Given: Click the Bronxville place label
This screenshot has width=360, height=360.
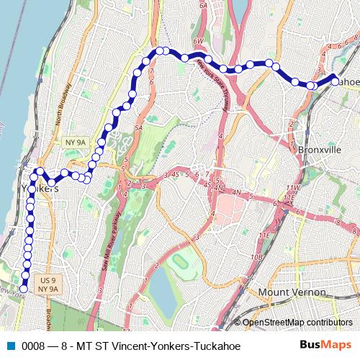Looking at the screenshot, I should [319, 149].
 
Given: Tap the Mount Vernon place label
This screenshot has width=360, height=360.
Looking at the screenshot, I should [292, 292].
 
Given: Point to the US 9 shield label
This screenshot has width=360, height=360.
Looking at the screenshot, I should [48, 279].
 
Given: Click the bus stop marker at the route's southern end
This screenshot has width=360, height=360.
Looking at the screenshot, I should [23, 289].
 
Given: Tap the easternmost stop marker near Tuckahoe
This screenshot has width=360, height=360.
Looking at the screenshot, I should [334, 81].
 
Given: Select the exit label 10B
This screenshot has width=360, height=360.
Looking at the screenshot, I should [257, 256].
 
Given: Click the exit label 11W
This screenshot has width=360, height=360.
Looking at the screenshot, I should [291, 187].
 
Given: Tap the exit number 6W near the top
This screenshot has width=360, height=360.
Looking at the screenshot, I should [198, 42].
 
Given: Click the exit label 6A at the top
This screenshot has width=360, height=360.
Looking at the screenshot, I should [203, 4].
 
